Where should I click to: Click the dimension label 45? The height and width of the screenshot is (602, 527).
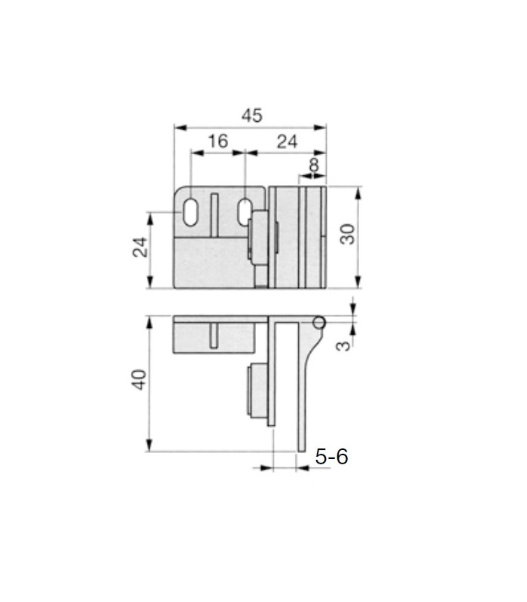[x=252, y=115]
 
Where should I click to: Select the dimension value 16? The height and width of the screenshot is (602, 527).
[x=218, y=141]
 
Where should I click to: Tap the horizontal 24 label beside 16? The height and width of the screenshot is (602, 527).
[x=287, y=141]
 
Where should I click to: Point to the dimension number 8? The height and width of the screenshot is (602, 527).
[x=314, y=165]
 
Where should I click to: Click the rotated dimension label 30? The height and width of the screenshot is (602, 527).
[x=349, y=234]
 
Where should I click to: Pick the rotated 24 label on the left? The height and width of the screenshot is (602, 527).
[x=140, y=247]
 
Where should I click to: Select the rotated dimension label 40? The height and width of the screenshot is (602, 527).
[x=139, y=380]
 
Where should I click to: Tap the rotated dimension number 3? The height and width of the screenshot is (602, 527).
[x=343, y=345]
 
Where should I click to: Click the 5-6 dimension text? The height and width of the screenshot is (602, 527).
[x=331, y=457]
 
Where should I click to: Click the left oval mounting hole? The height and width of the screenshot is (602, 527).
[x=190, y=211]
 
